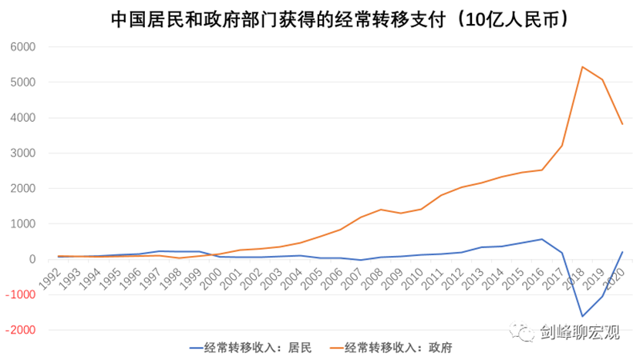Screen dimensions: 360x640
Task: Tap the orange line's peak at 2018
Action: [581, 67]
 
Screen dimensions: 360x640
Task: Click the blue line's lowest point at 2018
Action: [581, 316]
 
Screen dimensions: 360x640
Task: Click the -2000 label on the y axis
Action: [22, 330]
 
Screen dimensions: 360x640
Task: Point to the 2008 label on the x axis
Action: [376, 277]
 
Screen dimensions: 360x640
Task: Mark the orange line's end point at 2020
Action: [622, 124]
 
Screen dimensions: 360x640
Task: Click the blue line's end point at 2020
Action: [622, 252]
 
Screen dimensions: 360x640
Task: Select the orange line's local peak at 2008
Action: [380, 210]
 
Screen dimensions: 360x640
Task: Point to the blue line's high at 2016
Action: [541, 239]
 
